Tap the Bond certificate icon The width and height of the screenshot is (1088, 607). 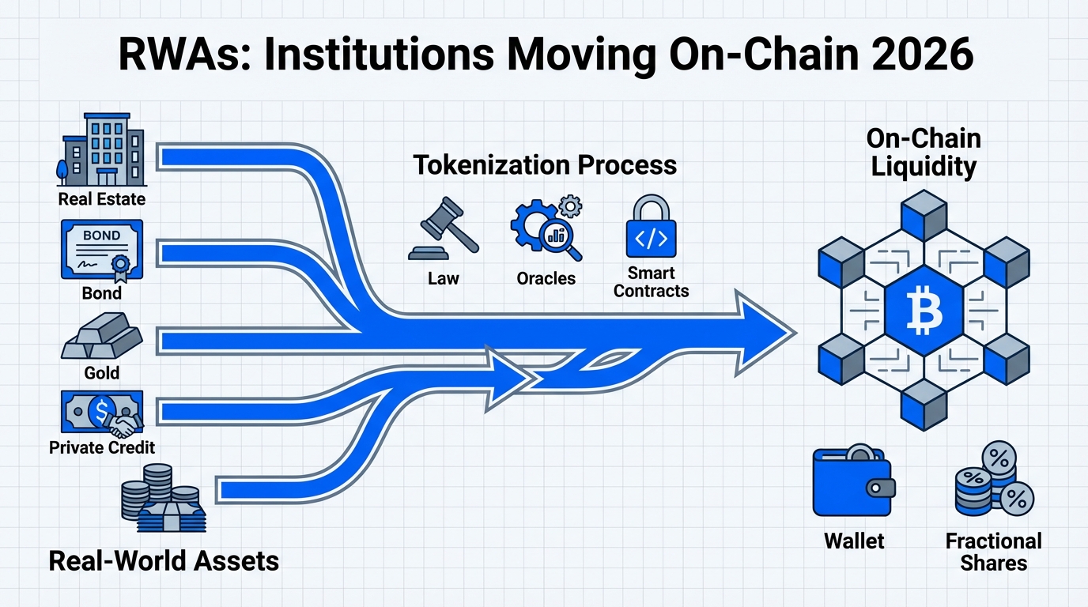coord(101,248)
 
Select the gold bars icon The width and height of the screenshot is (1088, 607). coord(101,337)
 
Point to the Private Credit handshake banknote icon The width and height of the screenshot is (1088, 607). coord(101,413)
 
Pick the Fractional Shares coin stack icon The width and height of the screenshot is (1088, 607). coord(994,480)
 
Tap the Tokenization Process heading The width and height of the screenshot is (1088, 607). coord(545,165)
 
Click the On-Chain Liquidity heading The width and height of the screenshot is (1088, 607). coord(924,153)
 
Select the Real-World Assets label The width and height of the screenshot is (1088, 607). coord(164,561)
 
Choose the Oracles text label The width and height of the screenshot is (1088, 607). coord(546,278)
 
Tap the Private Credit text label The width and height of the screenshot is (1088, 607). coord(102,447)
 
